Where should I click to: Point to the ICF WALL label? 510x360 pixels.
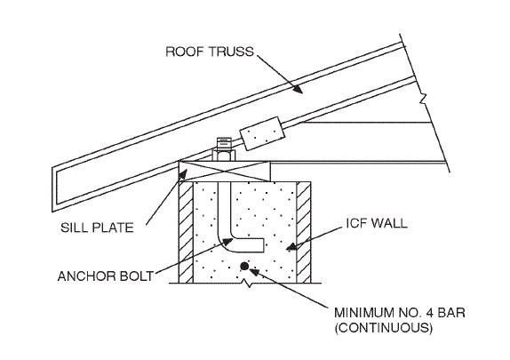pos(371,223)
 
